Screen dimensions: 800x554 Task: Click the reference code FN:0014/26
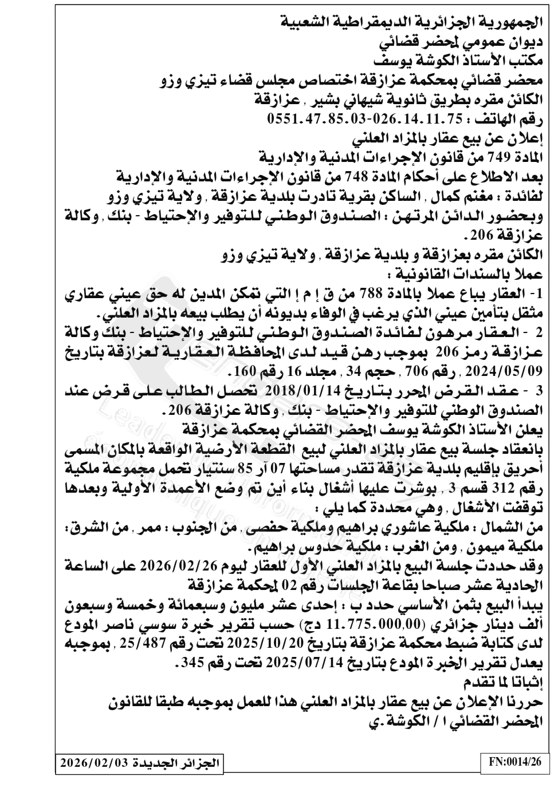click(514, 762)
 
